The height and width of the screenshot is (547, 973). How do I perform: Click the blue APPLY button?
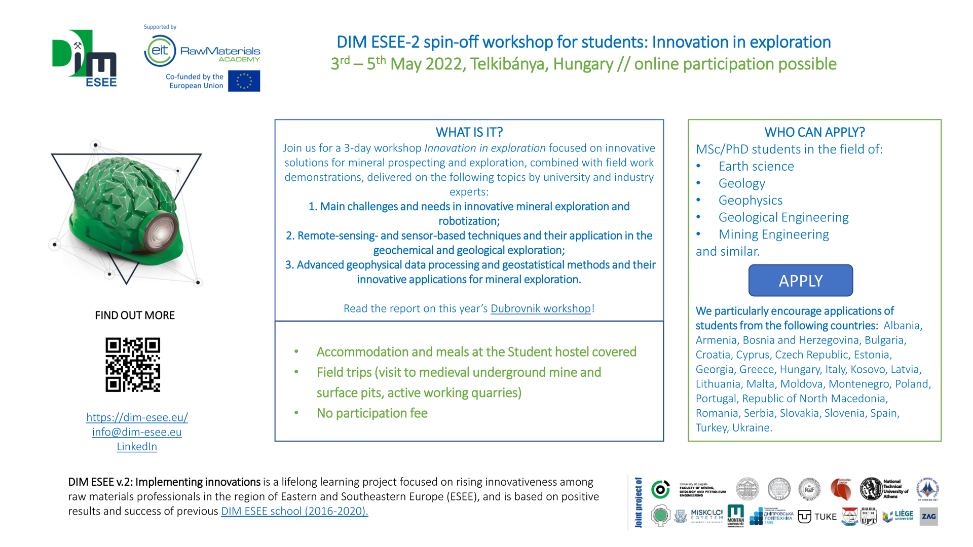[x=801, y=281]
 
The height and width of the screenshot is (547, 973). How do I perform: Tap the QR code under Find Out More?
[x=133, y=365]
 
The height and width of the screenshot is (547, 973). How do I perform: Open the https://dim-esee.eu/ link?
[x=137, y=417]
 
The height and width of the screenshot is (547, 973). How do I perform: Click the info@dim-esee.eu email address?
[x=137, y=432]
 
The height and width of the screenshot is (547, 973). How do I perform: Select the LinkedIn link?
[x=137, y=447]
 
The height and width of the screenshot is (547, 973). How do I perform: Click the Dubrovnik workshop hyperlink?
[x=540, y=308]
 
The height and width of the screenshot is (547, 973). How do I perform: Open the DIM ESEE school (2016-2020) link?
[x=294, y=511]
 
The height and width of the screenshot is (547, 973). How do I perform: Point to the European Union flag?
[x=244, y=81]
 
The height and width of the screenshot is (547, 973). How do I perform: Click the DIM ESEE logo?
[x=85, y=58]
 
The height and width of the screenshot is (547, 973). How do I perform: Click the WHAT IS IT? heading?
[x=469, y=132]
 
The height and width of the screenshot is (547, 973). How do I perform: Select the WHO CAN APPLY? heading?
[x=814, y=132]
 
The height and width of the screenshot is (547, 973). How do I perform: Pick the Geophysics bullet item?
[x=750, y=201]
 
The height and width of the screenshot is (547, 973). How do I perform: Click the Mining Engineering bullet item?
[x=773, y=235]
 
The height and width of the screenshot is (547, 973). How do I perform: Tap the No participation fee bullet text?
[x=372, y=413]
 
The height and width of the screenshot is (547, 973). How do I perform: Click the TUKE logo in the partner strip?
[x=817, y=517]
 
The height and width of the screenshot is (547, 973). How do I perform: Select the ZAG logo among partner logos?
[x=928, y=517]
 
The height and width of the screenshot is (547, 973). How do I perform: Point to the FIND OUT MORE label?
[x=135, y=316]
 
